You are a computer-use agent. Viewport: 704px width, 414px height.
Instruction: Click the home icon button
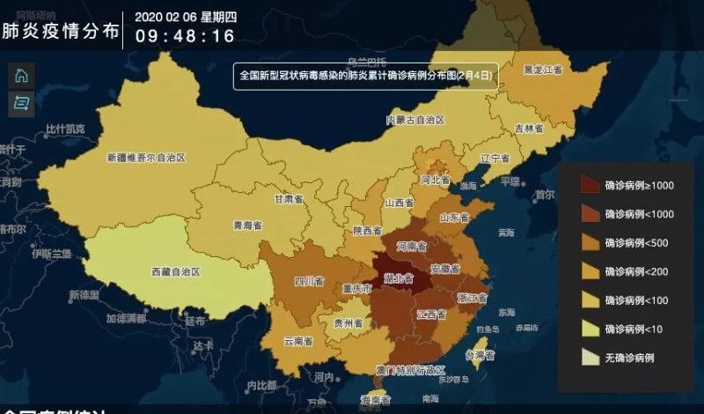(x=21, y=76)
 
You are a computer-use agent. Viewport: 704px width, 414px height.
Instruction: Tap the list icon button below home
(x=21, y=103)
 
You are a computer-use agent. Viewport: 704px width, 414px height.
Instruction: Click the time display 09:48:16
(x=185, y=36)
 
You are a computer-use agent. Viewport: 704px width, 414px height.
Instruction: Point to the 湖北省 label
(x=400, y=279)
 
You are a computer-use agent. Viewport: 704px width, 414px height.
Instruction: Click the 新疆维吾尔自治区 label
(x=147, y=158)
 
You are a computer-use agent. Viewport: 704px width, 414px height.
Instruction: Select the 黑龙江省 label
(x=543, y=69)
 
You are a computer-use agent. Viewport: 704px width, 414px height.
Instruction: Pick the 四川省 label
(x=308, y=282)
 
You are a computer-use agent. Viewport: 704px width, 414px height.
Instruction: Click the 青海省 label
(x=247, y=225)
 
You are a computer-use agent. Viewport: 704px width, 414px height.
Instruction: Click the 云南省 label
(x=298, y=341)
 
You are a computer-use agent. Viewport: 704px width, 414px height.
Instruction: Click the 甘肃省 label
(x=289, y=199)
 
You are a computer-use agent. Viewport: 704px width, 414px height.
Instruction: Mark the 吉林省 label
(x=529, y=128)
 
